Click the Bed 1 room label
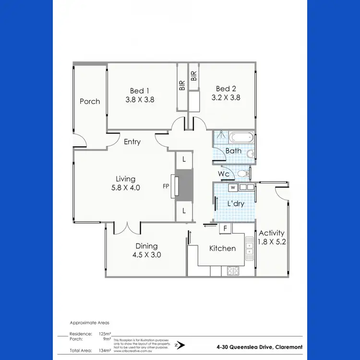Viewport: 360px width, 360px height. pos(140,90)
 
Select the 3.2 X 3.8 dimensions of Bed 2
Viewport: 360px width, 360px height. pos(226,97)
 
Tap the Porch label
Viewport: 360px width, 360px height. pos(90,101)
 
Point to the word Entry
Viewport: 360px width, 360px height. pos(132,142)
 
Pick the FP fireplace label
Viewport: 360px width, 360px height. pos(166,185)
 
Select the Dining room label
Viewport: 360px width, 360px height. pos(146,246)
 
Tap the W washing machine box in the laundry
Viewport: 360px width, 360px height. pos(232,187)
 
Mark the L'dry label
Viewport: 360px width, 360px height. pos(236,204)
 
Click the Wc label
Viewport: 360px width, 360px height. pos(224,174)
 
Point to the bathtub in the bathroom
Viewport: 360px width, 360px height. pos(241,137)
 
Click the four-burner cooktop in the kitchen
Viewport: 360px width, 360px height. pos(233,271)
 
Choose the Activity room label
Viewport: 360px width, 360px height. pos(272,233)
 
